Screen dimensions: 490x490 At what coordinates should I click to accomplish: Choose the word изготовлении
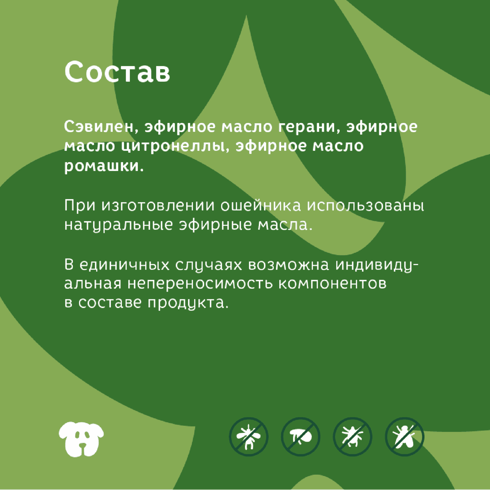point(158,206)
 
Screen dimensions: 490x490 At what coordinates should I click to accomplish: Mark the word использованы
point(365,206)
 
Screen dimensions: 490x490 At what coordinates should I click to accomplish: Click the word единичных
point(124,265)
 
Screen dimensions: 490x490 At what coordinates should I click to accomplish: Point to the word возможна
point(288,265)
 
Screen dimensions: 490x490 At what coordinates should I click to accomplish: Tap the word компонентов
point(332,284)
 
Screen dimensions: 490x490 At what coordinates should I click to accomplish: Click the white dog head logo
point(81,439)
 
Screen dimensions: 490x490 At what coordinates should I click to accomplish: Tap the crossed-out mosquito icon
point(249,437)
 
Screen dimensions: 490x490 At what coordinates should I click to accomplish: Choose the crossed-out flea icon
point(300,437)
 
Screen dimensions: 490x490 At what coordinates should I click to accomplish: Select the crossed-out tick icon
point(352,437)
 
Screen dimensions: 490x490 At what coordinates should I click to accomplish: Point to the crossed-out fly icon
point(404,437)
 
